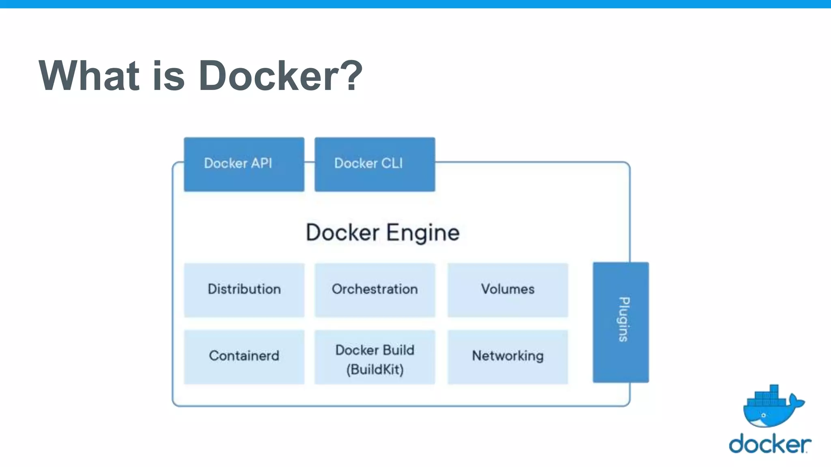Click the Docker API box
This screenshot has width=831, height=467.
pyautogui.click(x=244, y=164)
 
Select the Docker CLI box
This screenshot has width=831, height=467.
pyautogui.click(x=375, y=164)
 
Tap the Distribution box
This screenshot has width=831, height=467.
pyautogui.click(x=244, y=290)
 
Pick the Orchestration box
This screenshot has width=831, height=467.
pyautogui.click(x=375, y=290)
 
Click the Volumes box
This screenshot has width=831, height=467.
pyautogui.click(x=508, y=290)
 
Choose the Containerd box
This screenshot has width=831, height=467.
pyautogui.click(x=244, y=357)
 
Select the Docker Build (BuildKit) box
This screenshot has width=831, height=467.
pyautogui.click(x=375, y=357)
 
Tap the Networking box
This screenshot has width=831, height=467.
pyautogui.click(x=508, y=357)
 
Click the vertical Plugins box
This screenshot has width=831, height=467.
pyautogui.click(x=620, y=322)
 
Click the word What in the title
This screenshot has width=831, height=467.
pyautogui.click(x=89, y=75)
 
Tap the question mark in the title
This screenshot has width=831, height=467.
pyautogui.click(x=351, y=75)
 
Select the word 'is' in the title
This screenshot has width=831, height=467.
pyautogui.click(x=168, y=75)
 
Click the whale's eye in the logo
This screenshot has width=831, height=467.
pyautogui.click(x=763, y=415)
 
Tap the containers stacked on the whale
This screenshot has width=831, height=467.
pyautogui.click(x=766, y=396)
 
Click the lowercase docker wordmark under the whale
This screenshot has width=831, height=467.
pyautogui.click(x=770, y=444)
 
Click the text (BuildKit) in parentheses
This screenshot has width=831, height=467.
pyautogui.click(x=375, y=370)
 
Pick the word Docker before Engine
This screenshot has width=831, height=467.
pyautogui.click(x=342, y=233)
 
